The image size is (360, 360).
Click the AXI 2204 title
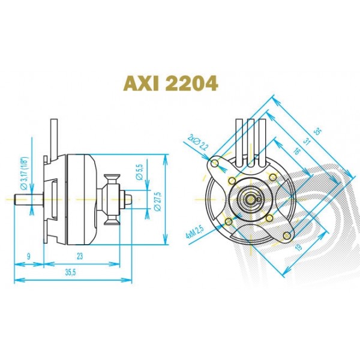pos(170,83)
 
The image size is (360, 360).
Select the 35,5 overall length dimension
pos(70,272)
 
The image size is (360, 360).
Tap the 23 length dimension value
pos(80,256)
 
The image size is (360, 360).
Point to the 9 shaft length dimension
pos(28,256)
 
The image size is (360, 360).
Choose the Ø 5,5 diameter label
pos(139,172)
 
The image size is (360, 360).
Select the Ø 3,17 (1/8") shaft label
pos(24,173)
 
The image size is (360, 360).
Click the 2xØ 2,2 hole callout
pos(197,143)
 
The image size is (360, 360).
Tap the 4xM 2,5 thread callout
pos(194,232)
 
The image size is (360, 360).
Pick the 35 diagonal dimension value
pos(318,132)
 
